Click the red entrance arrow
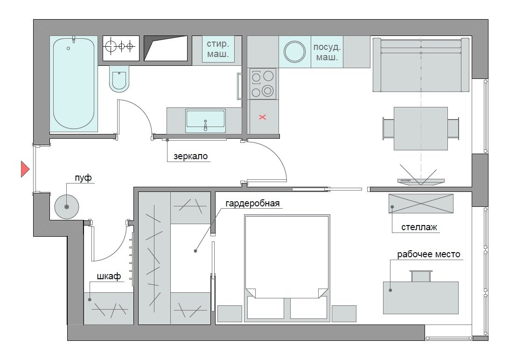pyautogui.click(x=25, y=169)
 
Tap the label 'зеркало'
pyautogui.click(x=190, y=156)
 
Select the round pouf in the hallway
pyautogui.click(x=67, y=207)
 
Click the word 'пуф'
pyautogui.click(x=83, y=178)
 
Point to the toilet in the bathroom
pyautogui.click(x=119, y=79)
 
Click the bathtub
pyautogui.click(x=74, y=84)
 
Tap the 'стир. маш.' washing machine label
pyautogui.click(x=218, y=49)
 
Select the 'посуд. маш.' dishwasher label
pyautogui.click(x=327, y=52)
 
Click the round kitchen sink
pyautogui.click(x=295, y=52)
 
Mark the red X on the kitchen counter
pyautogui.click(x=263, y=117)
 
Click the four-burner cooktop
pyautogui.click(x=262, y=84)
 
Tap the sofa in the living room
pyautogui.click(x=421, y=65)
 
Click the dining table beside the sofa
pyautogui.click(x=421, y=129)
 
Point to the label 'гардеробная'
pyautogui.click(x=252, y=204)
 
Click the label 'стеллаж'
pyautogui.click(x=419, y=227)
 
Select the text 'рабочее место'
pyautogui.click(x=429, y=254)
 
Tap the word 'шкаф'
pyautogui.click(x=109, y=276)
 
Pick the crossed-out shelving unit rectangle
pyautogui.click(x=421, y=204)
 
